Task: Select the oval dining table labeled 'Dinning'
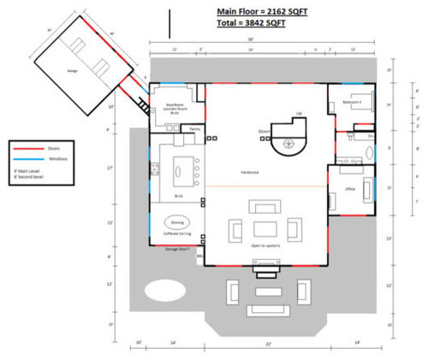tap(177, 221)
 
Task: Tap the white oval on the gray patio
tap(164, 292)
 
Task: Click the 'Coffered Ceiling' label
tap(177, 233)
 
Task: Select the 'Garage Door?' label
tap(174, 249)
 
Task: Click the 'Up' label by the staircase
tap(298, 113)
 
